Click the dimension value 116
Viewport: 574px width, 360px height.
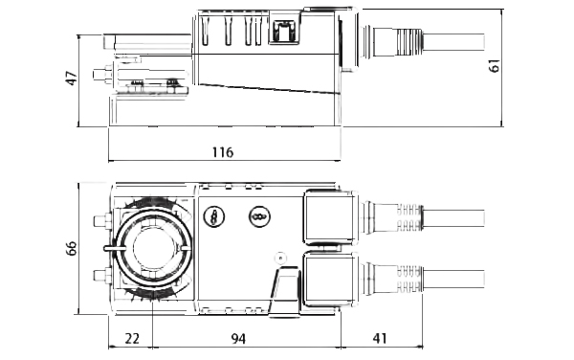pos(223,152)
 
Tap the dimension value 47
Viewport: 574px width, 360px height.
pos(72,78)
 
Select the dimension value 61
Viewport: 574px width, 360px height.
pos(495,66)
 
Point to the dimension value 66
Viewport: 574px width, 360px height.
pos(72,248)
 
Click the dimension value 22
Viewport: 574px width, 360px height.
pos(132,338)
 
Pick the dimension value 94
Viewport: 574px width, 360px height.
pos(238,338)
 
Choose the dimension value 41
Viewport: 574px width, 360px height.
pos(379,338)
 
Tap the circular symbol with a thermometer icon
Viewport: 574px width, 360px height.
pos(213,216)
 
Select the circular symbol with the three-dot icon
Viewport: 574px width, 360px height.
pos(259,216)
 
